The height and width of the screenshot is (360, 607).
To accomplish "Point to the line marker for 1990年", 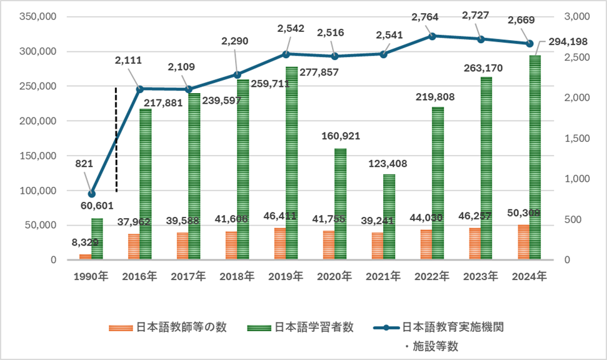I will tap(92, 194).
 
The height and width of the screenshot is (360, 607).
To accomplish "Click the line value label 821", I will tap(84, 164).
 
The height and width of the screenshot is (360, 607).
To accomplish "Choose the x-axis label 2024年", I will tap(529, 276).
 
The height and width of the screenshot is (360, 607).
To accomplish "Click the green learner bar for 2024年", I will tap(534, 156).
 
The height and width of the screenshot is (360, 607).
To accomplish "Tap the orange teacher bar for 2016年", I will tap(134, 247).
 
